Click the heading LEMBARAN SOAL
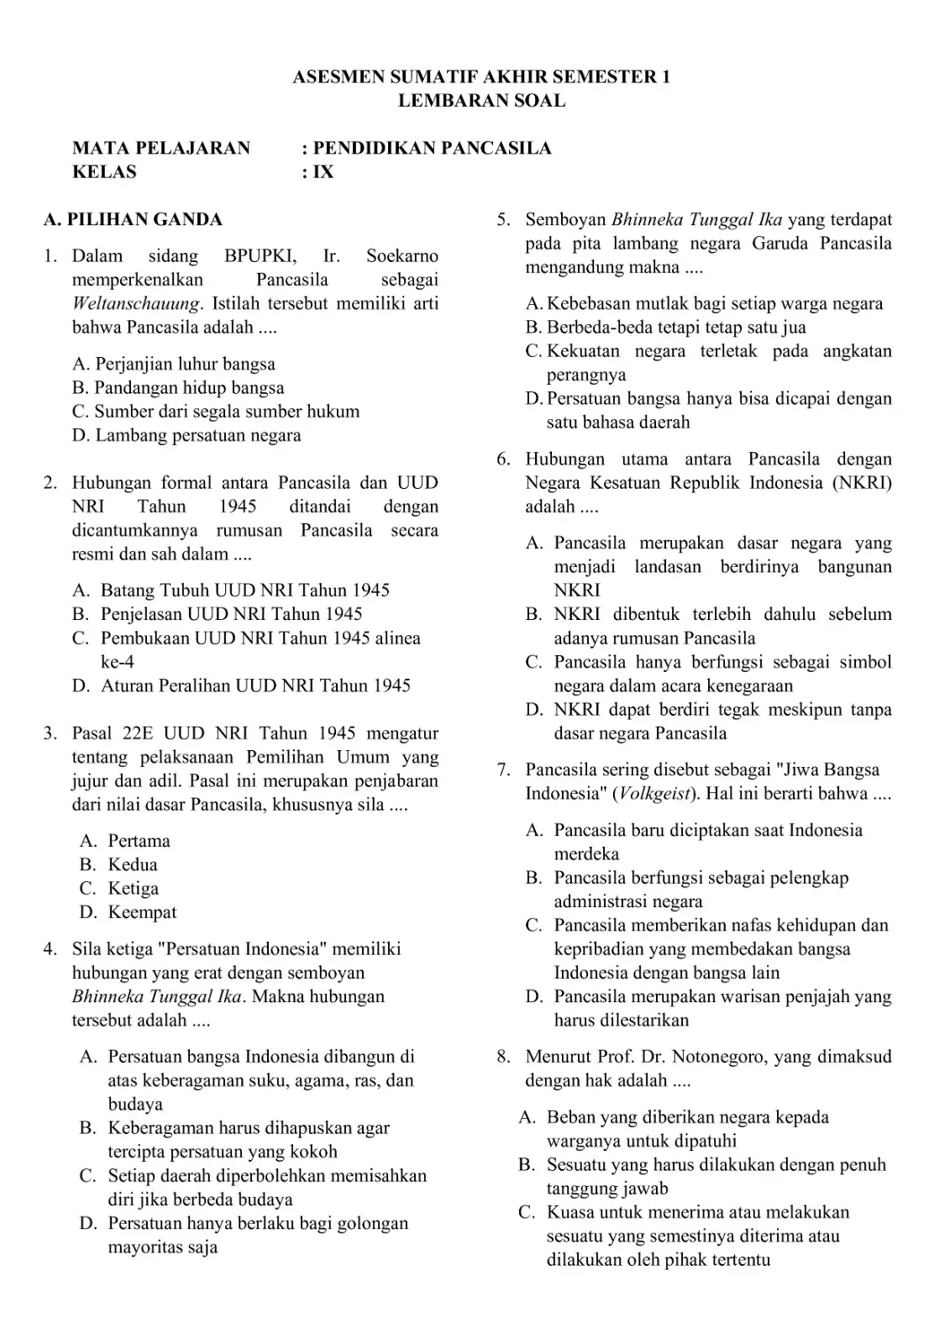point(481,101)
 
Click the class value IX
point(323,172)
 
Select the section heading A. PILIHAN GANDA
point(133,220)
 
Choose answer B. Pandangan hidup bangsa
point(178,388)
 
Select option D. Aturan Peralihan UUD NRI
point(241,685)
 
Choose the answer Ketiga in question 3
point(133,889)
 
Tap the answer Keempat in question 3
point(142,912)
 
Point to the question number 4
point(50,949)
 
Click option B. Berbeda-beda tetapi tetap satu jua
point(665,328)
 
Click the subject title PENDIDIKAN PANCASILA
point(432,149)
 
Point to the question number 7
point(503,769)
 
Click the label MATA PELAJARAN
point(161,149)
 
